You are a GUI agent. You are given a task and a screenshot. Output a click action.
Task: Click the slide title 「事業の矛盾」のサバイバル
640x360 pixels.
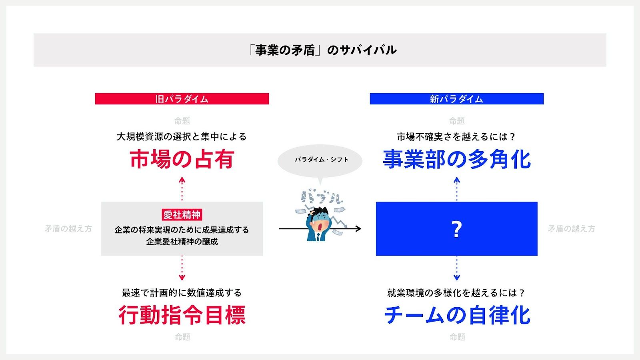tap(322, 50)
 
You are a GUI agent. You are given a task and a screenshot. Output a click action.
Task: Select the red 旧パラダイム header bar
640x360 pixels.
tap(182, 99)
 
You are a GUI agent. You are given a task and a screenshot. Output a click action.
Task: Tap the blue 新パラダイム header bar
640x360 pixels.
tap(456, 99)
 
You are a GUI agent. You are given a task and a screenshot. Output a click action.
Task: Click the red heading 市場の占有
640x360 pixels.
tap(182, 159)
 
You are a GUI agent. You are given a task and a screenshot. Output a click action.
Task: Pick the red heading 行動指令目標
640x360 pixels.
tap(182, 315)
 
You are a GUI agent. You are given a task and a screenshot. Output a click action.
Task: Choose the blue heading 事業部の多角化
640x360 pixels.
tap(457, 159)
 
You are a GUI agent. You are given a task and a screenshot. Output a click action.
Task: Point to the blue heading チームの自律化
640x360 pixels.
tap(457, 315)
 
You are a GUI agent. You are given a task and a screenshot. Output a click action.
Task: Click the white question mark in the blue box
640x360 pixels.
tap(456, 229)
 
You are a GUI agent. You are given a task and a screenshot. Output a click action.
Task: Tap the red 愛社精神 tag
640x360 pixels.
tap(182, 215)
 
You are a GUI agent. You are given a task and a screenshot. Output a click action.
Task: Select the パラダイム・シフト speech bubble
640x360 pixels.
tap(320, 160)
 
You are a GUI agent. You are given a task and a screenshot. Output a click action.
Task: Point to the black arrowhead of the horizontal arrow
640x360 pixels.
tap(358, 229)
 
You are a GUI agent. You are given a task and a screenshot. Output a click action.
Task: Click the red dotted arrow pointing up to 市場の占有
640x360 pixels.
tap(182, 189)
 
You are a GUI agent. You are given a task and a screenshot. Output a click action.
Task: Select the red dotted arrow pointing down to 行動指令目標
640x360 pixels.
tap(182, 268)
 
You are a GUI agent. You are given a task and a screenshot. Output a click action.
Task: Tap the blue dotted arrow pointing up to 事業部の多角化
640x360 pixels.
tap(457, 189)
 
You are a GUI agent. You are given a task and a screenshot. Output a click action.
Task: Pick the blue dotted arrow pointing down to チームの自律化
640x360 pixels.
tap(457, 268)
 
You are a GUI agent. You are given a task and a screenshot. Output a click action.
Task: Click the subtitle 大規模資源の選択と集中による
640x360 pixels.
tap(182, 137)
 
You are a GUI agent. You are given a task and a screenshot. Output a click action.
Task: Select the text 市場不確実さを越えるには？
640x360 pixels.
tap(456, 137)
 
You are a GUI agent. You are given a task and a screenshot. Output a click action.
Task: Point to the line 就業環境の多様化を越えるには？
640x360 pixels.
tap(456, 293)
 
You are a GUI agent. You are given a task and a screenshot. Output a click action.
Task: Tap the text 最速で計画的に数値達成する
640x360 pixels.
tap(182, 293)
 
